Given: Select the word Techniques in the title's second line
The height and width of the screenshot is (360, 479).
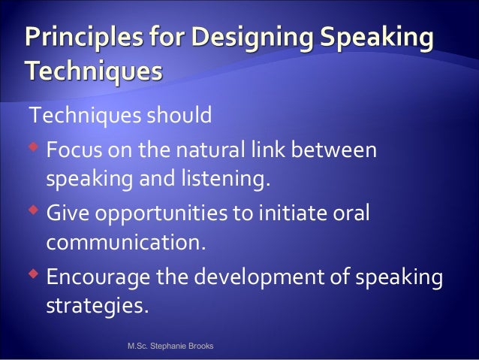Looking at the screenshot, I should (92, 72).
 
